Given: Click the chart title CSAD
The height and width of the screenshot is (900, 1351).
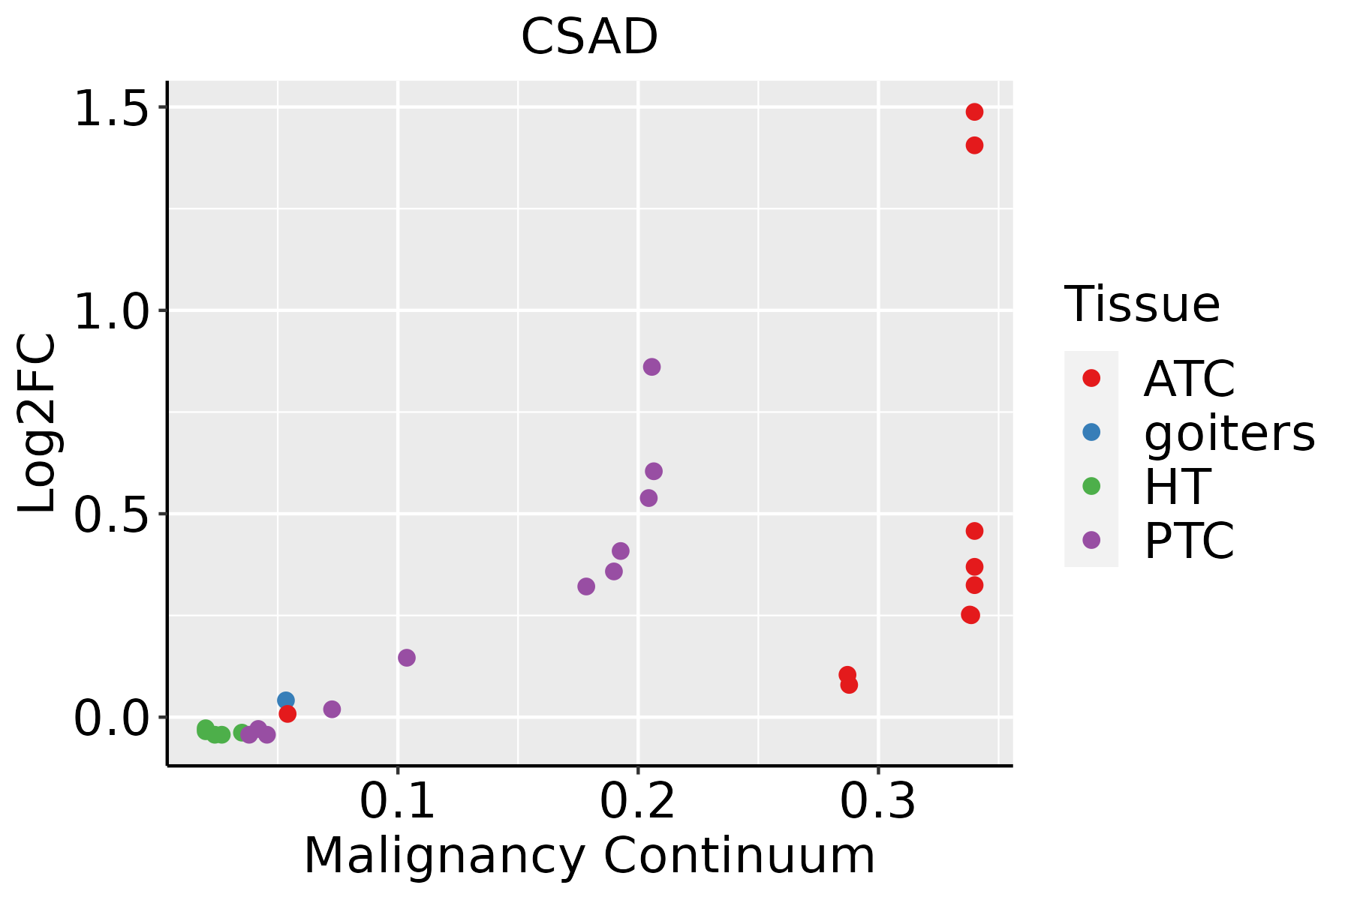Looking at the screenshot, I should point(589,37).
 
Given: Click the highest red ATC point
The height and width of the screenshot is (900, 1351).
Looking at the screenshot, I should point(974,112).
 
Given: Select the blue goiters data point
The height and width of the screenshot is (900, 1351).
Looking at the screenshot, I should point(286,700).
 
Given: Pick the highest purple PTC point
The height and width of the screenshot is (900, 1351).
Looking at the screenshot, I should point(651,367).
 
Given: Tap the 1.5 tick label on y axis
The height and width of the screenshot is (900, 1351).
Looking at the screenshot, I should point(111,109).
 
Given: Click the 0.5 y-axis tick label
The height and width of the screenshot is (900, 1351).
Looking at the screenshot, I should point(111,515).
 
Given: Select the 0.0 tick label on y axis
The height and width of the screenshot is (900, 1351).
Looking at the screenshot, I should point(111,718).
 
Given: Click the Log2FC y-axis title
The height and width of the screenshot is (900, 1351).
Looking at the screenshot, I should point(38,424).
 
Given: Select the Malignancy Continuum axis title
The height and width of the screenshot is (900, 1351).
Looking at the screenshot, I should point(589,856).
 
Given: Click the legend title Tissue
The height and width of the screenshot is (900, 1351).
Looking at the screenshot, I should point(1142,304).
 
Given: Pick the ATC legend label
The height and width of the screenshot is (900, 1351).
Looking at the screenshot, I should point(1189,379).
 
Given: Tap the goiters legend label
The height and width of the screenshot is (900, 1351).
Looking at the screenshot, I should point(1229,433).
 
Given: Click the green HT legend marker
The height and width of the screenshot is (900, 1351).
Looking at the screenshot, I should point(1091,486).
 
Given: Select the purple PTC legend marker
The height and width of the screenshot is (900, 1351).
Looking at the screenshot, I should point(1091,540).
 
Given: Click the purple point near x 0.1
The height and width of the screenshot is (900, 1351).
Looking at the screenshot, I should point(407,658).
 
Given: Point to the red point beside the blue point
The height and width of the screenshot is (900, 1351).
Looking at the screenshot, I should point(287,713).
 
